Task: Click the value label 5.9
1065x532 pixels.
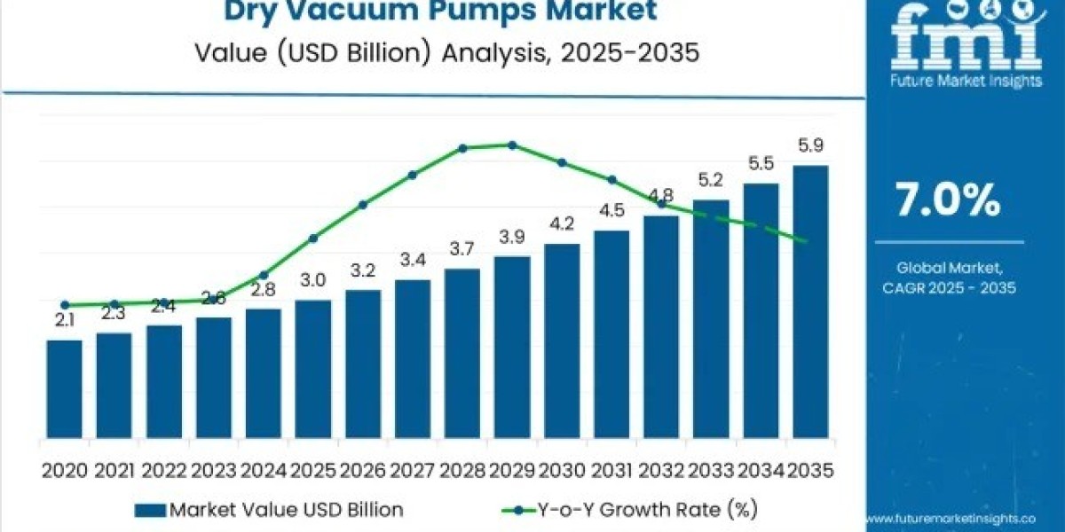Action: point(810,146)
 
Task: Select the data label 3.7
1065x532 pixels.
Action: point(462,250)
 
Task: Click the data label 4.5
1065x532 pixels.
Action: point(611,211)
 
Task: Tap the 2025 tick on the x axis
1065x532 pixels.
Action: point(313,471)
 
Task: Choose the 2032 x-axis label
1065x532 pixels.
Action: point(661,471)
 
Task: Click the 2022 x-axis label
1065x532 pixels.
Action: point(164,471)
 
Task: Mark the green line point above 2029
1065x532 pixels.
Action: point(512,145)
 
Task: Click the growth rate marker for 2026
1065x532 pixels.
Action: point(363,205)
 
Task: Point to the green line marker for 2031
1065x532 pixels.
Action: point(611,180)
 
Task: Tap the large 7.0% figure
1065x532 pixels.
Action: point(947,201)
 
